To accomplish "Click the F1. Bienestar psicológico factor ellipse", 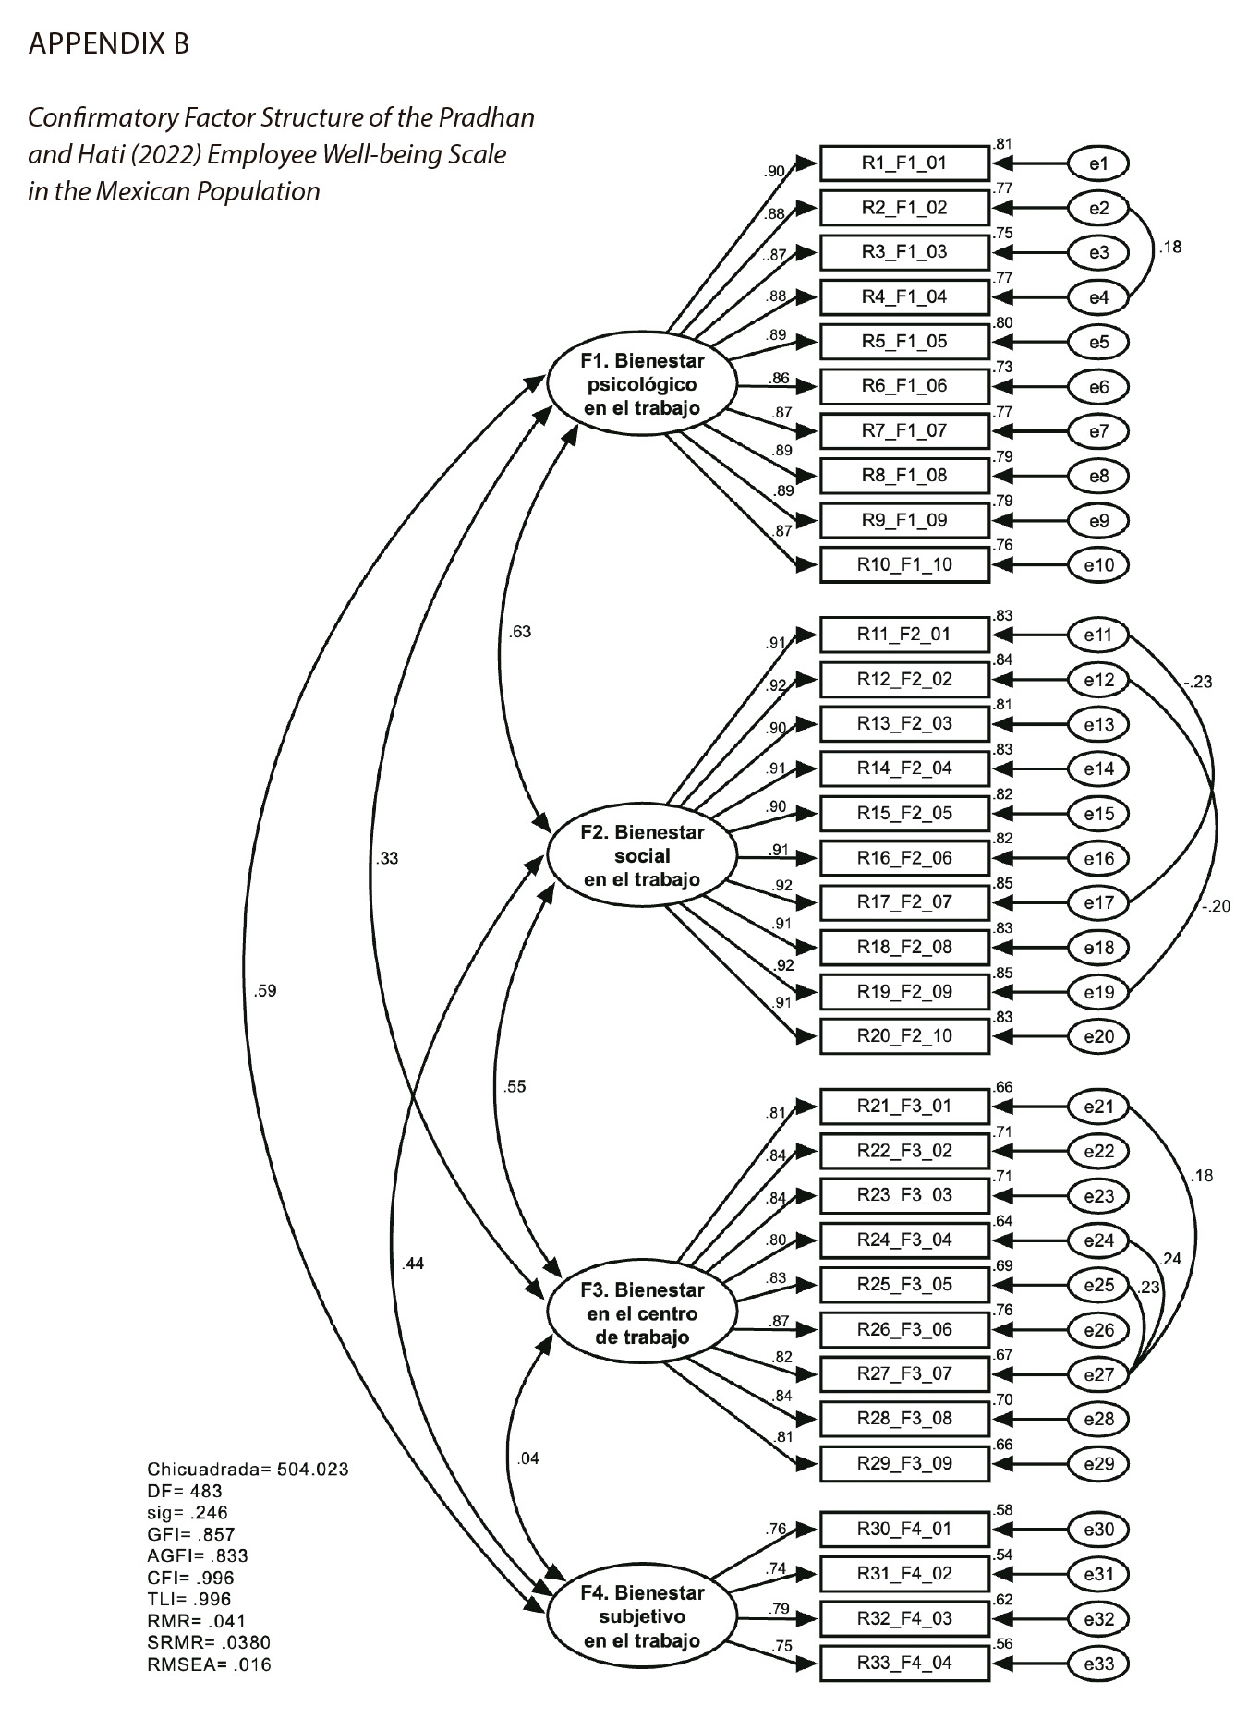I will (x=642, y=384).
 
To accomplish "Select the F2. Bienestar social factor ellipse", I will (x=642, y=855).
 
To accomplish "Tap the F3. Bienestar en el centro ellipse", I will (x=642, y=1313).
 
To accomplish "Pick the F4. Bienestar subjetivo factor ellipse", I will (x=642, y=1616).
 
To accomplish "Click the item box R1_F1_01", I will (x=904, y=163).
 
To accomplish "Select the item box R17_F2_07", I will (x=904, y=901).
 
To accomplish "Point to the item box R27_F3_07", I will (x=904, y=1373).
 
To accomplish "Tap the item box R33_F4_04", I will (x=904, y=1663).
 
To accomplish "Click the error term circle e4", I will (x=1098, y=297).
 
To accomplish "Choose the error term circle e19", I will (x=1098, y=992).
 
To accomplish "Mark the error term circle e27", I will (x=1098, y=1374).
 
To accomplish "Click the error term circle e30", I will (x=1098, y=1530).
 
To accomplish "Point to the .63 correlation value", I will (x=520, y=633).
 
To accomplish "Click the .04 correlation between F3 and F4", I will (x=527, y=1458).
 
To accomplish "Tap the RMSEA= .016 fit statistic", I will (x=209, y=1665).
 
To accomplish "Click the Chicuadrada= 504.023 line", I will (x=248, y=1470).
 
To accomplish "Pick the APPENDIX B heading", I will (x=109, y=43).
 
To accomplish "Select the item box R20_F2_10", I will (x=904, y=1035).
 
